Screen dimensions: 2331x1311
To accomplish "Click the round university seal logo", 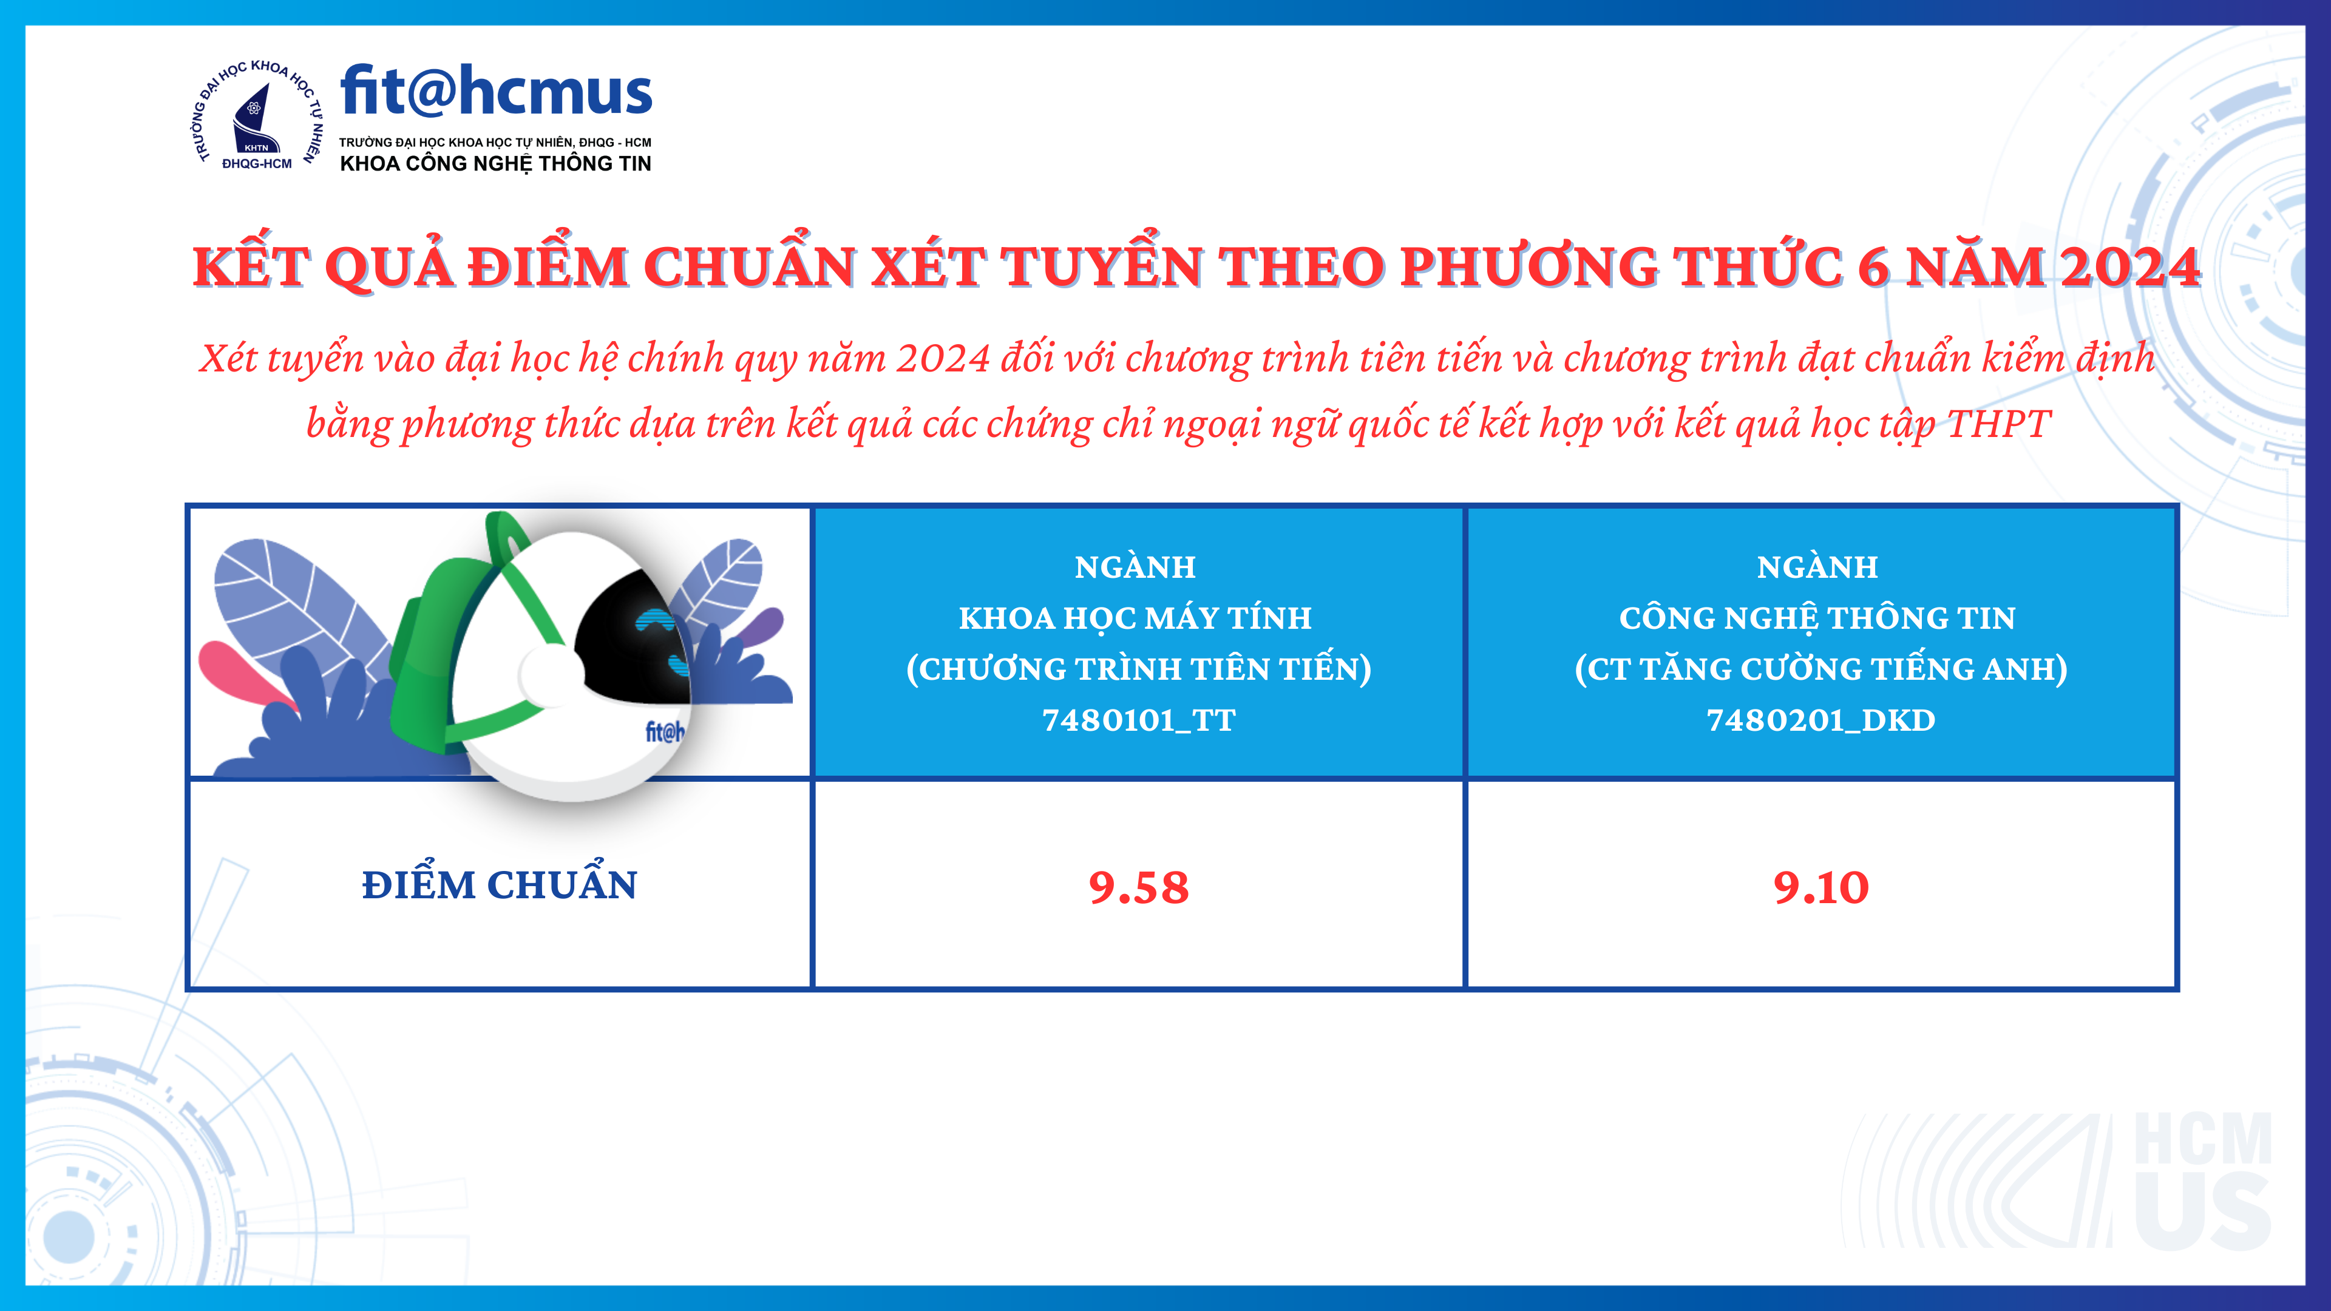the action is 257,115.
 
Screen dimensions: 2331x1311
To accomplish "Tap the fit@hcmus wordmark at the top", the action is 496,92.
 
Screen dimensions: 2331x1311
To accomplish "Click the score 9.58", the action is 1138,887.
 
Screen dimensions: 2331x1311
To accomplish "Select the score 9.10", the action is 1820,887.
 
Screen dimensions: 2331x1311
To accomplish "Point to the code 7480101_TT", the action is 1138,720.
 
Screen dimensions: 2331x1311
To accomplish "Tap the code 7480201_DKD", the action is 1820,720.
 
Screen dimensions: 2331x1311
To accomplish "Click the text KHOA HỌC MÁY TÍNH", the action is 1136,617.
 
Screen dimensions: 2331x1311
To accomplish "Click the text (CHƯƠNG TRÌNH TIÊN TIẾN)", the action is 1138,669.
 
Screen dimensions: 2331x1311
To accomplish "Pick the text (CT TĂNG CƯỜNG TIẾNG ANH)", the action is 1820,669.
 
